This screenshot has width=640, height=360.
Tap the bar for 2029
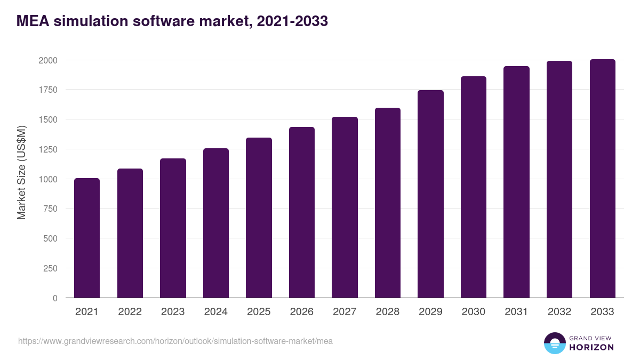[x=430, y=194]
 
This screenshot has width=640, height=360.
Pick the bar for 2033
[x=602, y=179]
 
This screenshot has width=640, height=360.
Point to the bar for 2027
[x=345, y=207]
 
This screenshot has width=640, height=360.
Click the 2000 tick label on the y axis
[x=47, y=60]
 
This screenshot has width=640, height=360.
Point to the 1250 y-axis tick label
[x=47, y=149]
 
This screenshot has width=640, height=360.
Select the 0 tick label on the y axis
[x=55, y=298]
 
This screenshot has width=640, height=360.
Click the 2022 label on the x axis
[x=130, y=312]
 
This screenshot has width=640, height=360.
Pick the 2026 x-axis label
[x=302, y=312]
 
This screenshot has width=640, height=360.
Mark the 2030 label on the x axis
[x=474, y=312]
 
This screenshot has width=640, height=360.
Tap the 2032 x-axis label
[x=559, y=312]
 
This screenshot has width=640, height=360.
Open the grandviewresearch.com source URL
[x=175, y=341]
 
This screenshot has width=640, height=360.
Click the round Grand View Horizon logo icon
[x=554, y=343]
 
